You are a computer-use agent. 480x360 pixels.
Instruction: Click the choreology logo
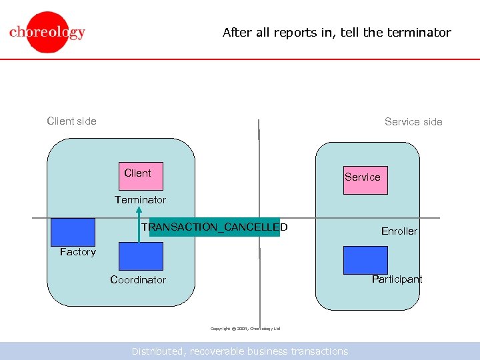pos(47,31)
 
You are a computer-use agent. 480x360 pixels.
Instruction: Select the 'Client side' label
pos(71,121)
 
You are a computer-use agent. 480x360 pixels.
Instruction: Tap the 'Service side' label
pos(413,121)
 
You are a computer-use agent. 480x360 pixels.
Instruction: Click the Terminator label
pos(140,200)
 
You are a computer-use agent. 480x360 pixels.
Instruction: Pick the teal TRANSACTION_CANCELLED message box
pos(215,227)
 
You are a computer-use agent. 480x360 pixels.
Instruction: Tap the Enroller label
pos(399,231)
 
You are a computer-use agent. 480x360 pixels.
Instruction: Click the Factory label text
pos(77,252)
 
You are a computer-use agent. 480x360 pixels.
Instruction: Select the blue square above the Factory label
pos(73,232)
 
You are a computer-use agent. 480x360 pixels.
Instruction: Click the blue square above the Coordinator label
pos(141,256)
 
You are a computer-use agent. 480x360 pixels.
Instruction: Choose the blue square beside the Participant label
pos(365,260)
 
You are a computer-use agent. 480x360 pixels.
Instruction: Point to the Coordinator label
pos(138,280)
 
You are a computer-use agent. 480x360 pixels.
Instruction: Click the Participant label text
pos(397,279)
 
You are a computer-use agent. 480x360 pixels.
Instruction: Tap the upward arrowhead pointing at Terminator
pos(139,212)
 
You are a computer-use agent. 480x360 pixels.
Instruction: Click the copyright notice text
pos(245,329)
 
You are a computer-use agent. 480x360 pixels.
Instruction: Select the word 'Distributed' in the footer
pos(159,351)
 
